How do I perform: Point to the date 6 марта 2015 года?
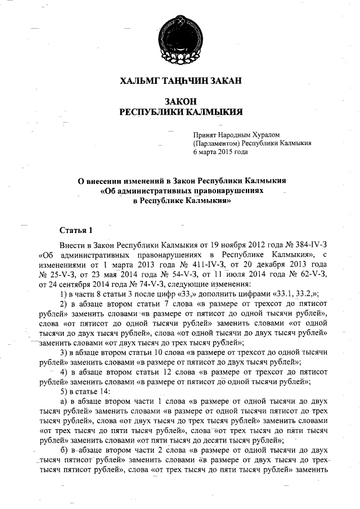coord(220,152)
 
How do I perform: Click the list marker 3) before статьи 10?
coord(64,352)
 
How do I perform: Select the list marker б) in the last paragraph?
coord(64,451)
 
